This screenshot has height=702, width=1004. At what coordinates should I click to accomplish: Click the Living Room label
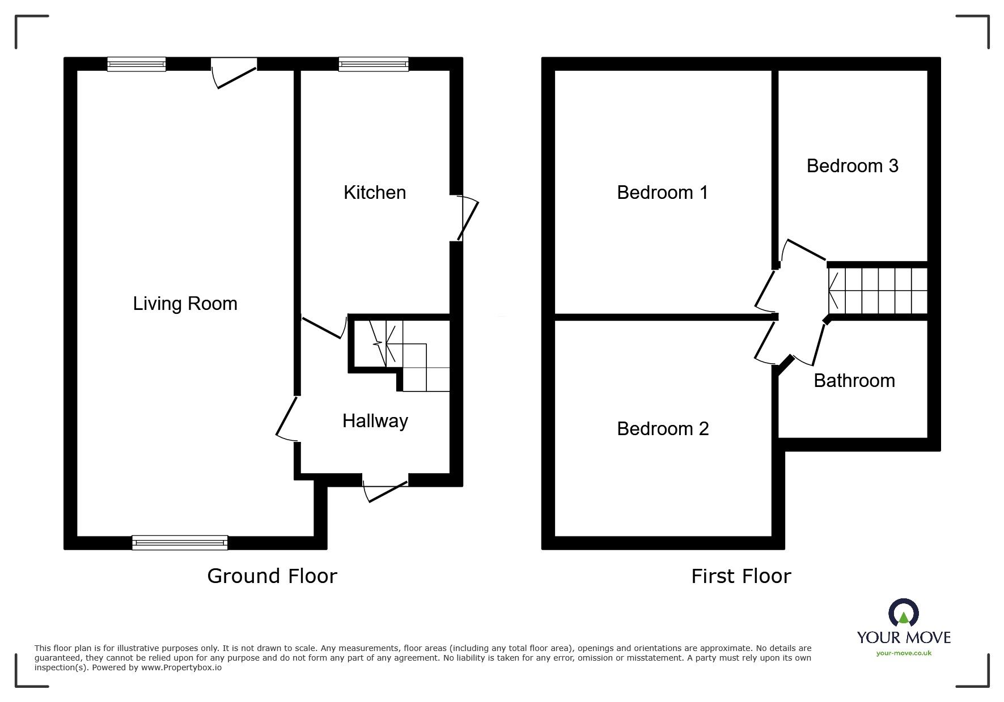point(185,304)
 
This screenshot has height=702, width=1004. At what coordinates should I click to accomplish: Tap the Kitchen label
point(375,193)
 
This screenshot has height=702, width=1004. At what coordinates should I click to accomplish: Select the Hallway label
point(375,421)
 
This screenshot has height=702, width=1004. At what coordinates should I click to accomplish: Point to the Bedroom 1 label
point(663,193)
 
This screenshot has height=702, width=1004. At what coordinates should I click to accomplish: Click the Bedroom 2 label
point(663,429)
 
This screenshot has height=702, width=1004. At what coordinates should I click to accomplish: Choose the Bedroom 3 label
point(853,165)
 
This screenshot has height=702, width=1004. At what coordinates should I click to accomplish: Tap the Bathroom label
point(854,380)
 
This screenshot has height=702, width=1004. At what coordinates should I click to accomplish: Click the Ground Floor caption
point(272,576)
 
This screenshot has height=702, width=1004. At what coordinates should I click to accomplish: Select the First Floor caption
point(741,576)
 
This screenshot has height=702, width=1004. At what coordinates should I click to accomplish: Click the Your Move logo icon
point(903,613)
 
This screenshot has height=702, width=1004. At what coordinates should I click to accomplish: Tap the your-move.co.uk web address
point(904,653)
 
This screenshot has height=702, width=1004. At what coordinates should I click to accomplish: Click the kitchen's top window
point(374,64)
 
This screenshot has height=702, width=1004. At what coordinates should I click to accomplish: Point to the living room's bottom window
point(180,543)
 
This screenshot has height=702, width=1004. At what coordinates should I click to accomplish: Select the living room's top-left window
point(137,64)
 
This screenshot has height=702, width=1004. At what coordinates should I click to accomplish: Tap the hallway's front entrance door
point(385,487)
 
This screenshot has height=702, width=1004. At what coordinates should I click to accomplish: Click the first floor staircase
point(878,291)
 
